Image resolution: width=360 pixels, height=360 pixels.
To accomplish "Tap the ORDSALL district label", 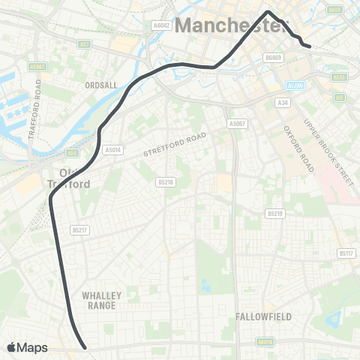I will tap(102, 85).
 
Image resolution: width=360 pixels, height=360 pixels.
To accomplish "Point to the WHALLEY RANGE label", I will tap(100, 301).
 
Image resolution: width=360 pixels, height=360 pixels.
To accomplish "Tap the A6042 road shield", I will tap(163, 25).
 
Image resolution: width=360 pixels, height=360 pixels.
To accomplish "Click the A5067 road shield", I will tap(237, 122).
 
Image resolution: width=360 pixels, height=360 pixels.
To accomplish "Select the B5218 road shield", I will tap(166, 181).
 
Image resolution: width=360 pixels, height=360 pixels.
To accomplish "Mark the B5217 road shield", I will tap(79, 230).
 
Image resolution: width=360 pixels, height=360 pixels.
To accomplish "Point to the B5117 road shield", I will tap(346, 253).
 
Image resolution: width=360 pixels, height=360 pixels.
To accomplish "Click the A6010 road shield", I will tap(263, 342).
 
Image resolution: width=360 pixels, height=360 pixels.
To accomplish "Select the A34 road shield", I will tap(283, 102).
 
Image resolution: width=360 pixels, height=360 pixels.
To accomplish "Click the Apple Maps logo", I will tap(27, 347).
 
